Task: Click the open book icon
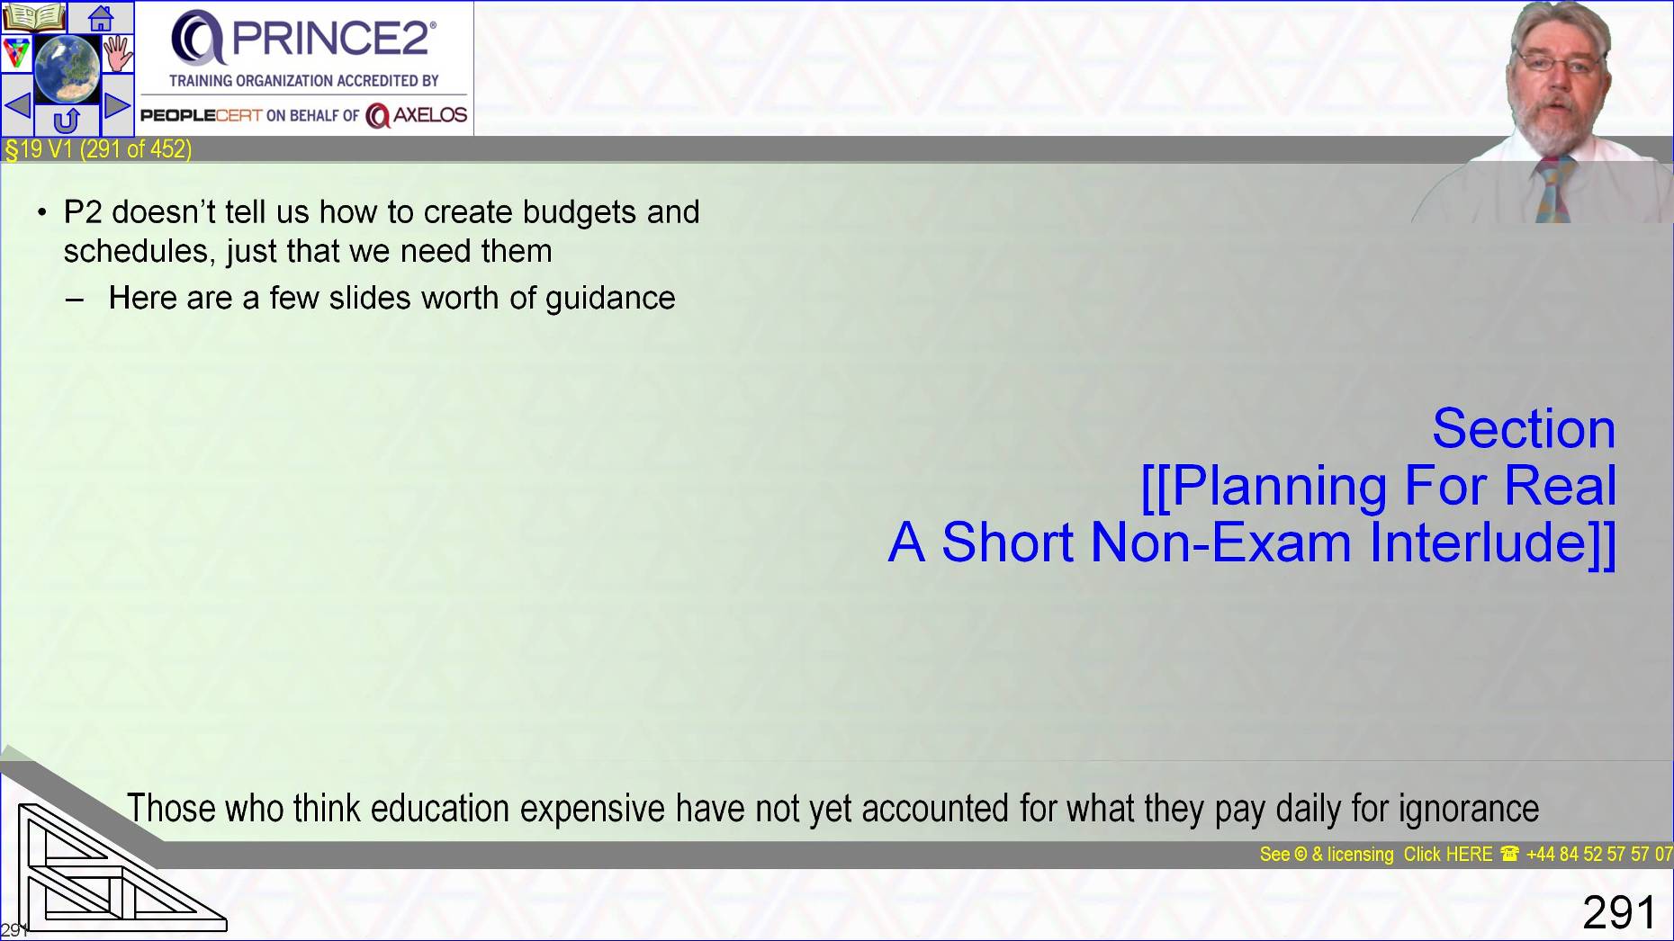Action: point(34,17)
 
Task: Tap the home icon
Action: point(101,17)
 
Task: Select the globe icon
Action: point(67,68)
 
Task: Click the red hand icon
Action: point(118,53)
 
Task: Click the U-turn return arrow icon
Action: point(67,121)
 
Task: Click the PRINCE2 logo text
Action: point(335,37)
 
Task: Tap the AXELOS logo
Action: point(417,115)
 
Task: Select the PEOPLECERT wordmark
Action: point(201,115)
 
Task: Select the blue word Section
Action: point(1524,428)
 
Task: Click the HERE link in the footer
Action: point(1470,854)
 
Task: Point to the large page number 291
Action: point(1619,912)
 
